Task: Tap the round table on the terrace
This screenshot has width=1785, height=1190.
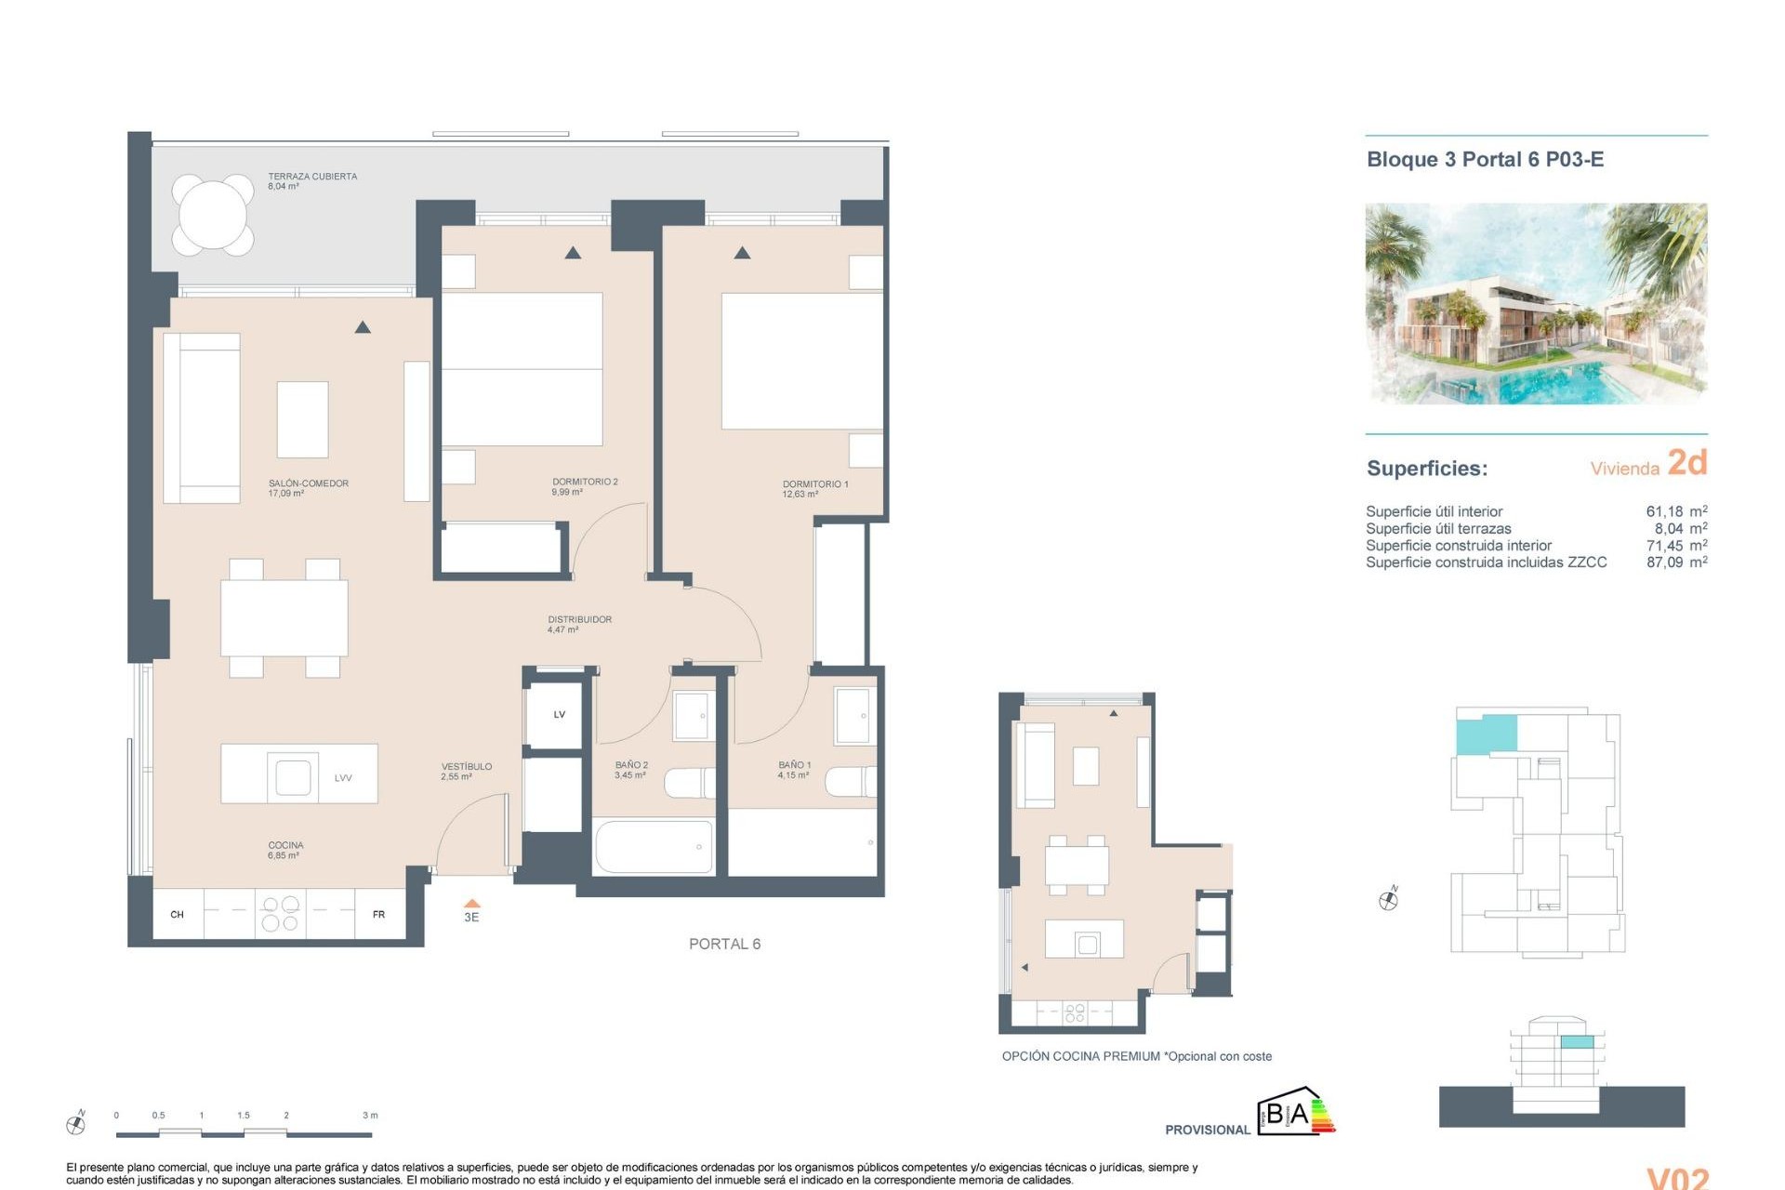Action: pos(213,215)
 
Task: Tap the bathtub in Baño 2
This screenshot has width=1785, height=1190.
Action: pos(653,846)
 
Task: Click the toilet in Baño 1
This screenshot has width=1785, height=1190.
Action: pos(850,781)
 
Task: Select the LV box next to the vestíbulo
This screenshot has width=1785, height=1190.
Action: pos(559,714)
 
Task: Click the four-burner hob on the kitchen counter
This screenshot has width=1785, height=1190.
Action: pos(280,913)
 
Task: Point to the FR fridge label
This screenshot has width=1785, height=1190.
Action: pos(378,915)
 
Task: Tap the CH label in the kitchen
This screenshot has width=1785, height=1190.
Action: pos(177,915)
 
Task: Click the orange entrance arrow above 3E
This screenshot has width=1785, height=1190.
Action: pos(471,903)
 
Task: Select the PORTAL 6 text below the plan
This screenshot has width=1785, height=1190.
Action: pos(724,944)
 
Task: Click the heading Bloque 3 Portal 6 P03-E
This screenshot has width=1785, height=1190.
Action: pos(1485,159)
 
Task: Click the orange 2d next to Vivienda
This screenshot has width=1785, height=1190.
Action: pos(1686,462)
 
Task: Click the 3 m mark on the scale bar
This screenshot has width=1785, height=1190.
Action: pos(370,1115)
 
